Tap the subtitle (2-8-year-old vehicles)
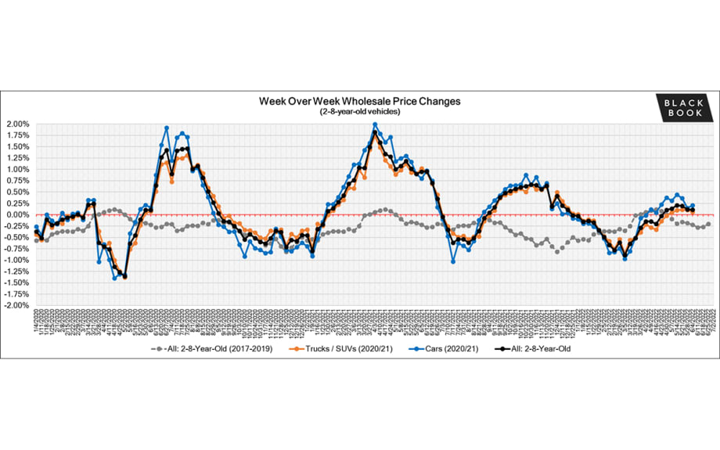(360, 112)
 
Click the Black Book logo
(684, 108)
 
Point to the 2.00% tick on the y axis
(18, 124)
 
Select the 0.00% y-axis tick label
(18, 214)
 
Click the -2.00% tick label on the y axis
(16, 305)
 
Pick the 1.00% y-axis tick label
(18, 169)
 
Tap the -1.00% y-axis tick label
(16, 260)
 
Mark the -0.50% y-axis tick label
(16, 237)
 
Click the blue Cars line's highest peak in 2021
(375, 124)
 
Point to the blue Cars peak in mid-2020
(167, 128)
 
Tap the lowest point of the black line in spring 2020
(124, 276)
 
